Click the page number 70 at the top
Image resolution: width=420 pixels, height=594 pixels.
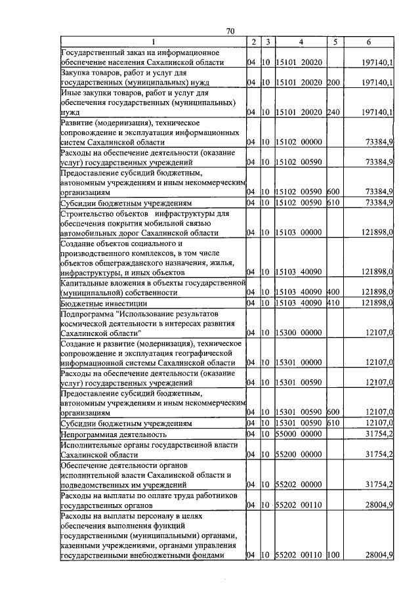pos(230,32)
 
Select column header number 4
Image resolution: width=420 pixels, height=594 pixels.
pos(300,42)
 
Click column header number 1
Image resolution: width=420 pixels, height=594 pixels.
pos(152,42)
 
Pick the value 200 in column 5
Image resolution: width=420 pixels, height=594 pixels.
pos(333,83)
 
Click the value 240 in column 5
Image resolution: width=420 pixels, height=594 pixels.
pos(333,112)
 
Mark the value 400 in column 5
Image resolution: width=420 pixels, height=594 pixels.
pos(333,292)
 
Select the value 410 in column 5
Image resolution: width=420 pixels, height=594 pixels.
pos(333,304)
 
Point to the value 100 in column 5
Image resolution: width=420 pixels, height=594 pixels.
pos(333,556)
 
